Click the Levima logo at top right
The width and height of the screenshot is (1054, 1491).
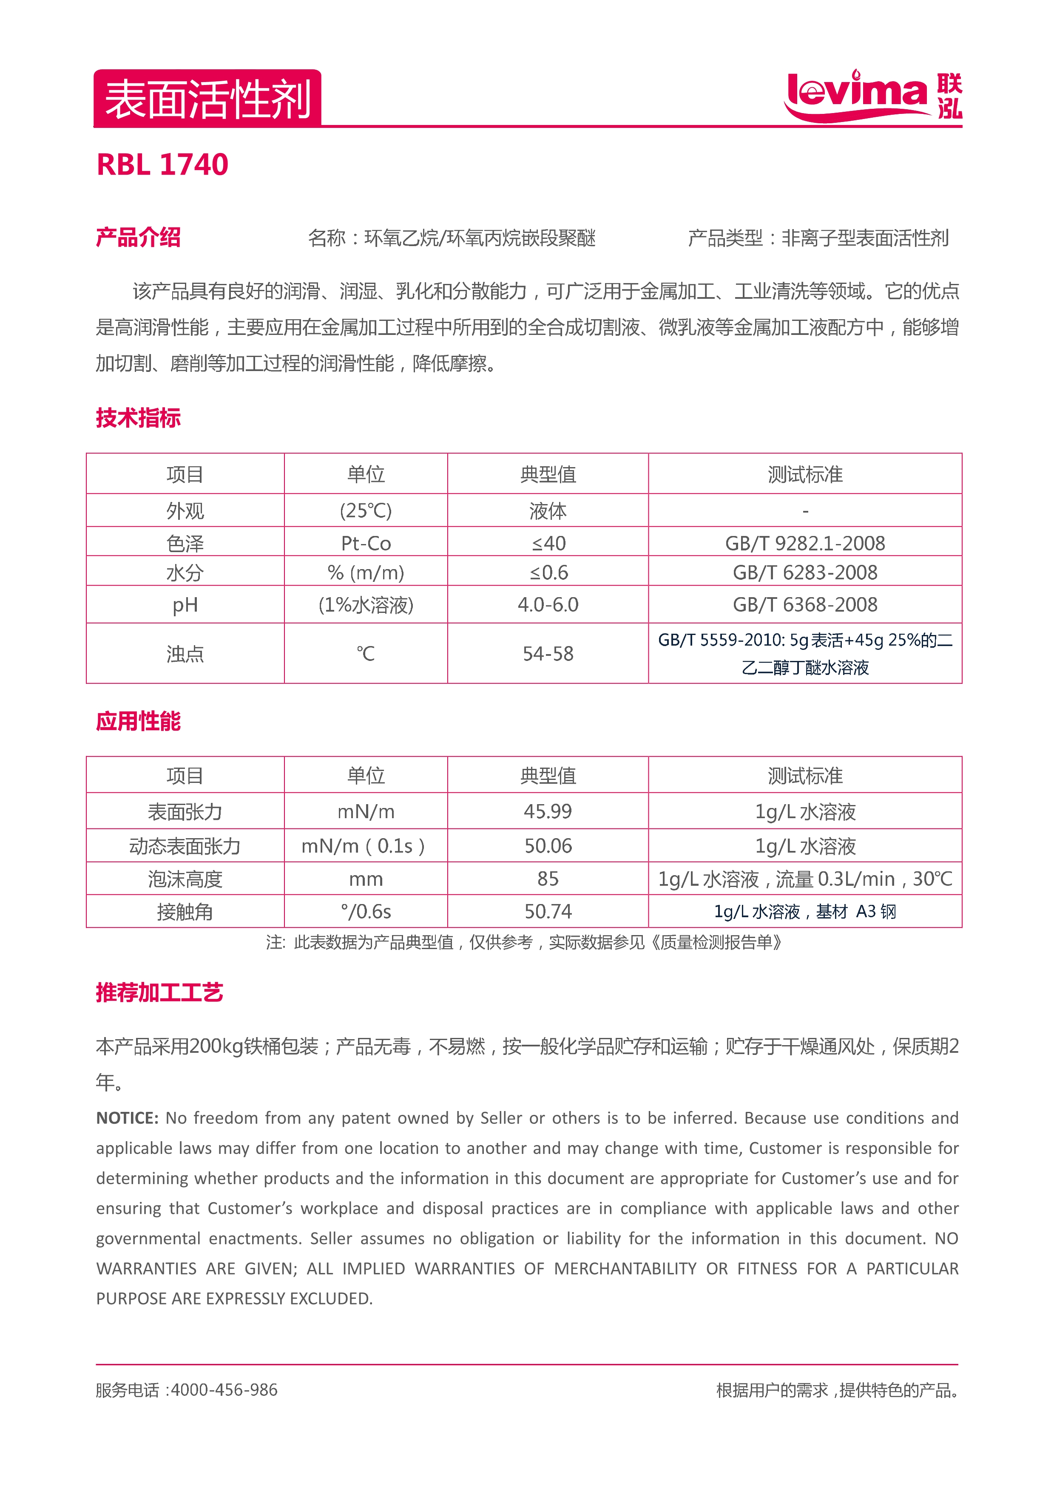873,96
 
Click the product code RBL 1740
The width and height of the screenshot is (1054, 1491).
162,164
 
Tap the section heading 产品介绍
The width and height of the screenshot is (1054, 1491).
138,238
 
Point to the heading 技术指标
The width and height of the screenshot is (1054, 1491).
138,417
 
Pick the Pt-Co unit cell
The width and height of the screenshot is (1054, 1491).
366,543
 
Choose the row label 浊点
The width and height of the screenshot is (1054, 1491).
185,653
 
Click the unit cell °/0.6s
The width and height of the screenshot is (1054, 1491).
366,912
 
